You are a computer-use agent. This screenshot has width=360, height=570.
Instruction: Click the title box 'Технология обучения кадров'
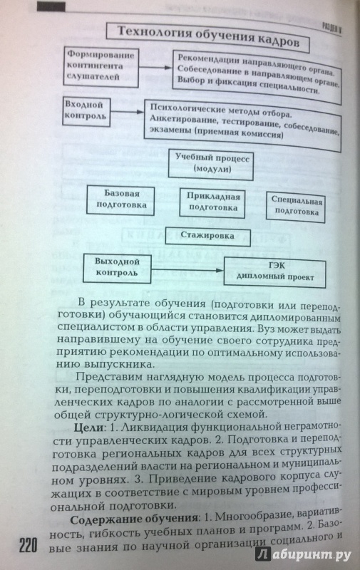[x=207, y=38]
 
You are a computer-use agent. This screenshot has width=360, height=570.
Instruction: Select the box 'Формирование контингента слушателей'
[x=101, y=67]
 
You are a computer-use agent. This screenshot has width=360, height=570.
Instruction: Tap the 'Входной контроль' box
[x=86, y=112]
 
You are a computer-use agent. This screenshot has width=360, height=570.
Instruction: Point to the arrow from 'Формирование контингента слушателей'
[x=155, y=68]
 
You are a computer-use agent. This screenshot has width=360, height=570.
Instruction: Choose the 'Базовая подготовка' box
[x=120, y=200]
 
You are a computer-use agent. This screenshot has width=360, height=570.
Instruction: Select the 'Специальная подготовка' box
[x=296, y=207]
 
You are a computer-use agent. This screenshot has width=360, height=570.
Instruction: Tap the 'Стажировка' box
[x=208, y=237]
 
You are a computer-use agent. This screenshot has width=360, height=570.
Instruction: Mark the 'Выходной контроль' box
[x=117, y=269]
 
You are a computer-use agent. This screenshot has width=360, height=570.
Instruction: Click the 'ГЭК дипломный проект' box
[x=274, y=273]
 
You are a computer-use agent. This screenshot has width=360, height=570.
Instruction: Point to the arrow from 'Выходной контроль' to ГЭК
[x=187, y=270]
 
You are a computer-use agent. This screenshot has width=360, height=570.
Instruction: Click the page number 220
[x=29, y=546]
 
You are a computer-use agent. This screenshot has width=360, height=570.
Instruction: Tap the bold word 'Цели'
[x=89, y=428]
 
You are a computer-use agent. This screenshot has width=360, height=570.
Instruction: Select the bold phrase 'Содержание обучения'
[x=134, y=519]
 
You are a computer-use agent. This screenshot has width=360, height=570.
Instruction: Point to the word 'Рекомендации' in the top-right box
[x=209, y=60]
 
